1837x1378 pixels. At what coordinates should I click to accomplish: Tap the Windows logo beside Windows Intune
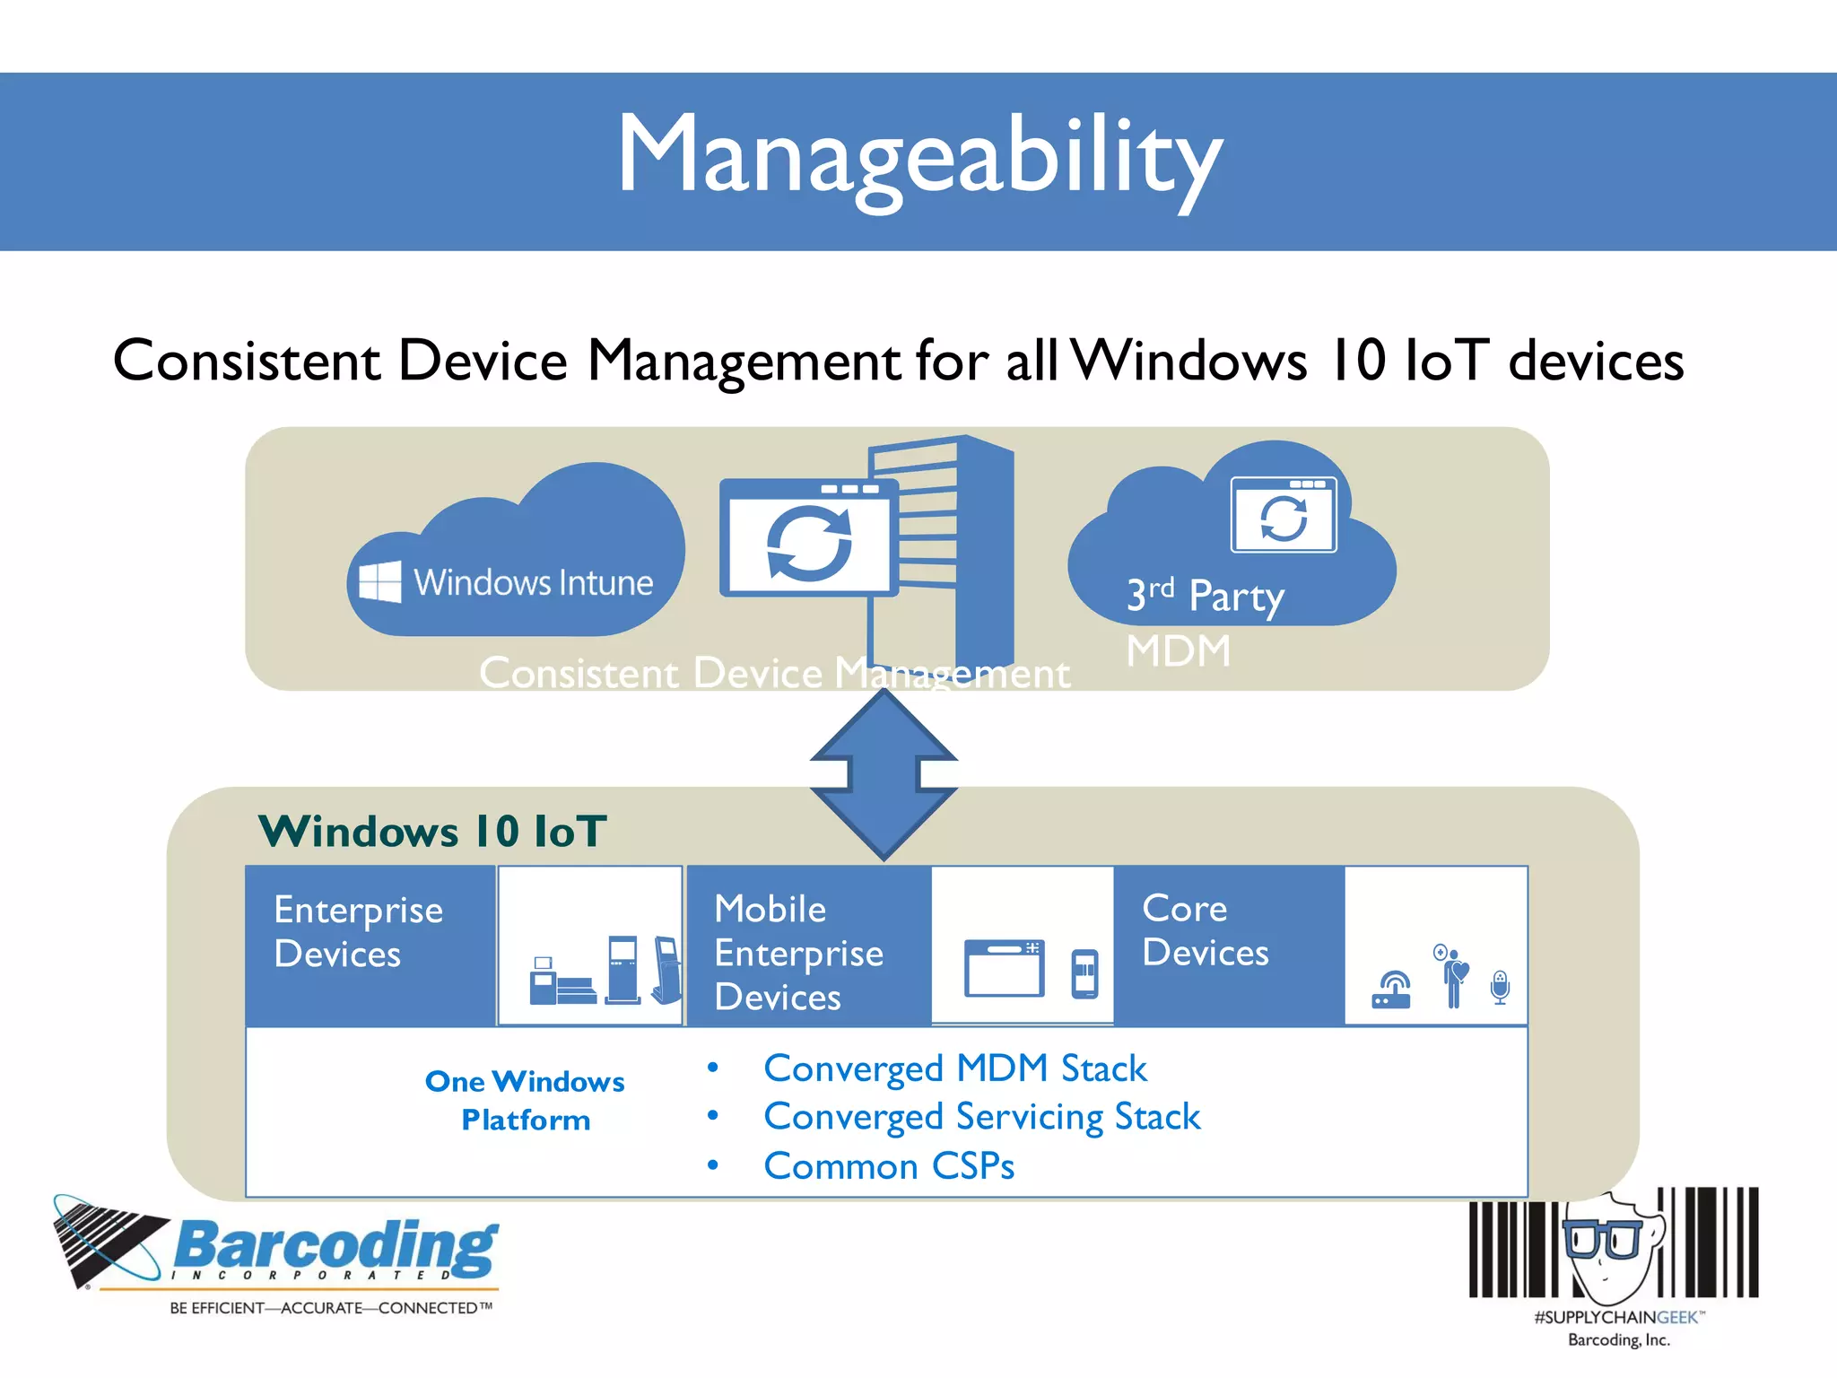point(379,581)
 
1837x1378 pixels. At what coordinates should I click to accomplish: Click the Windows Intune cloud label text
point(533,583)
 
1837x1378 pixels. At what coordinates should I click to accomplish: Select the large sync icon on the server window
point(809,544)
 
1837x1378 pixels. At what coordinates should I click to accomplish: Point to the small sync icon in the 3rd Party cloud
point(1284,519)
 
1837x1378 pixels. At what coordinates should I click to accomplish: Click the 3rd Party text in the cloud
point(1206,596)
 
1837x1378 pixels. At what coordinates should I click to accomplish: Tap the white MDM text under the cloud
point(1178,651)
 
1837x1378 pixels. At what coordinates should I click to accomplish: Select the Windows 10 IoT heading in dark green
point(432,831)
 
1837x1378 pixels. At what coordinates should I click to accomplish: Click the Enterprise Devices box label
point(358,931)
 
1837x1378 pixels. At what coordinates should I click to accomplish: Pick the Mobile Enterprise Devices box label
point(798,953)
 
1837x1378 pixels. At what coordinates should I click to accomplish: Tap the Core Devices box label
point(1206,930)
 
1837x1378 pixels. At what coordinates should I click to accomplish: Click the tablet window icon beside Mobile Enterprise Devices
point(1004,968)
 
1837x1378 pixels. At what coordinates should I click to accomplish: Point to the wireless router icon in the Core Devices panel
point(1391,990)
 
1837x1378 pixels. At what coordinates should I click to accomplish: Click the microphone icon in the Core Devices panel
point(1500,987)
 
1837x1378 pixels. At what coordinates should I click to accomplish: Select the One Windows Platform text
point(526,1100)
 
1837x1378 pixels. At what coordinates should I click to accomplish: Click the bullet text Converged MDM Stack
point(954,1068)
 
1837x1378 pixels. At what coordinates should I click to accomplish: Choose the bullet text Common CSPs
point(888,1166)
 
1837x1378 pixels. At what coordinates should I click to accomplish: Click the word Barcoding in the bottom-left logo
point(335,1246)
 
